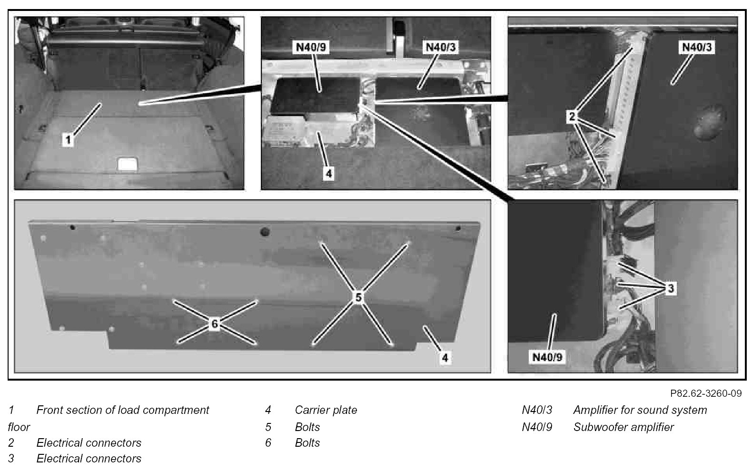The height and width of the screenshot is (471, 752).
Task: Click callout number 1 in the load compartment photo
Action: [69, 139]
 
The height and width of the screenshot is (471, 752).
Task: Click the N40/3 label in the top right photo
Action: [698, 48]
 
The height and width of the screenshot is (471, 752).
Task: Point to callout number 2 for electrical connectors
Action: [573, 116]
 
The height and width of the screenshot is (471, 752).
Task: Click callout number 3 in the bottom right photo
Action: [670, 288]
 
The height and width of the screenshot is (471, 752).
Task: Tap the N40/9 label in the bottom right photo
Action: [547, 357]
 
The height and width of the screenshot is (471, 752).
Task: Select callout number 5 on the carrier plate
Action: [358, 297]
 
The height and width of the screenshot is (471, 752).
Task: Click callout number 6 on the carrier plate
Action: [215, 324]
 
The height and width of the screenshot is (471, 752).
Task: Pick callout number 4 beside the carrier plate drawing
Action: [445, 357]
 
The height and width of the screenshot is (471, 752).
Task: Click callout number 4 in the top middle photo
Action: [328, 173]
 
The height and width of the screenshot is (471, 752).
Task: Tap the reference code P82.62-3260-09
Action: [705, 393]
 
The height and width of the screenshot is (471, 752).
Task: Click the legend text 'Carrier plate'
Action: [326, 410]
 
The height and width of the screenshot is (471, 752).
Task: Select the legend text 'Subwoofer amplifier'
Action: [623, 427]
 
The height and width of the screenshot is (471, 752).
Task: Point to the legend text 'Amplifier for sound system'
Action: [640, 410]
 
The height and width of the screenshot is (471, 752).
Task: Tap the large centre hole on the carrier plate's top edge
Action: [265, 232]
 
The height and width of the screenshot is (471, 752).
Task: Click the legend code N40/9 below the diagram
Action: [537, 427]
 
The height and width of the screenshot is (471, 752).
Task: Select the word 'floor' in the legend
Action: [19, 427]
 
